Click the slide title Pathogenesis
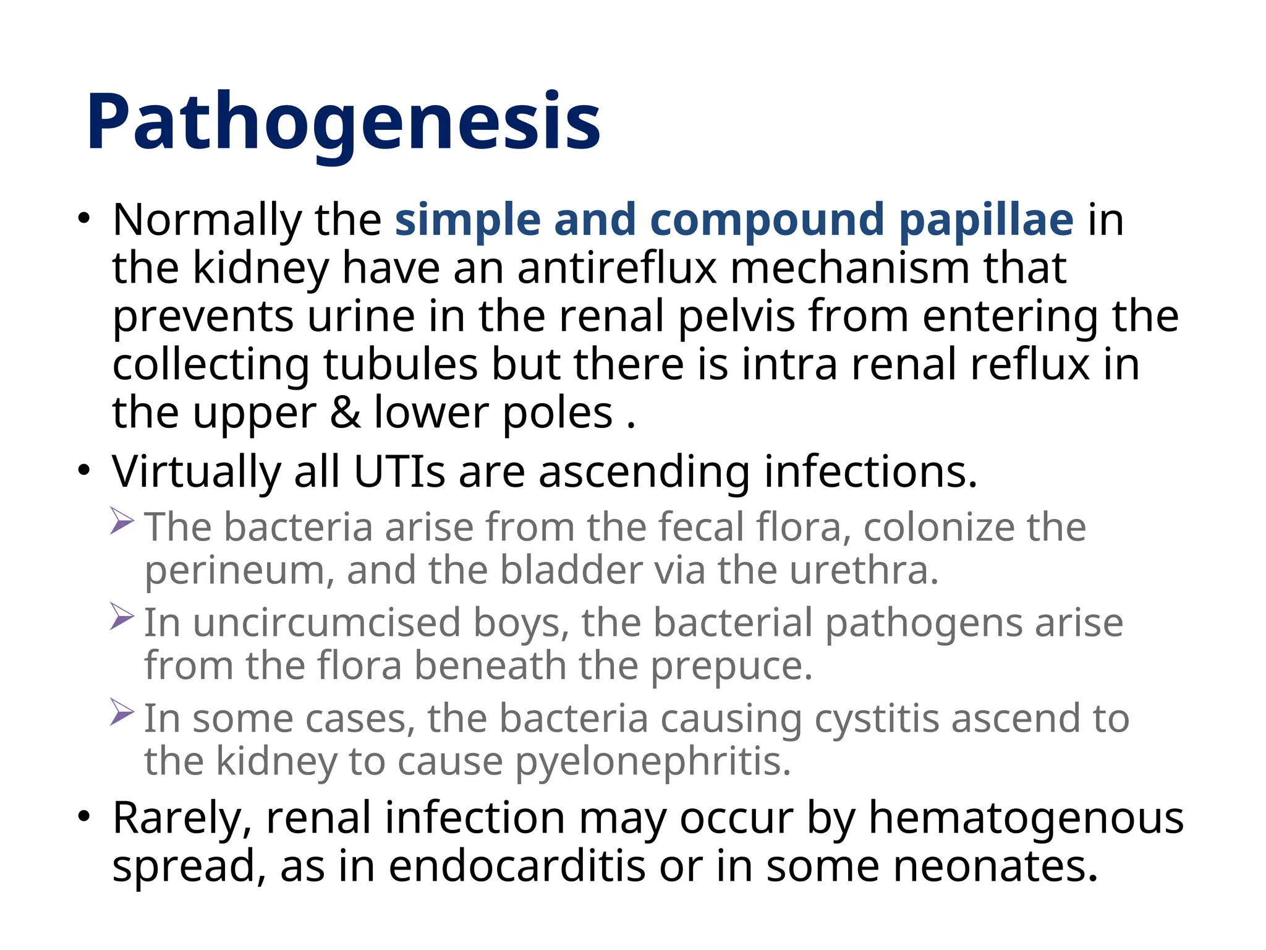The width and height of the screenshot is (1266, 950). [343, 122]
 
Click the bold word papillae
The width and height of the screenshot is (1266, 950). [986, 220]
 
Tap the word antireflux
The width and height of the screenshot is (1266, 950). [617, 268]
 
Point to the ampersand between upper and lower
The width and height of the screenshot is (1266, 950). [345, 413]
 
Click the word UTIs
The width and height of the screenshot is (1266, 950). [399, 472]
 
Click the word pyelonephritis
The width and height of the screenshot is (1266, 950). [653, 763]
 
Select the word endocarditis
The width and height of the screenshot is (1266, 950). [517, 866]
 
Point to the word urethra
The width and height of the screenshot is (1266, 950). [864, 570]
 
